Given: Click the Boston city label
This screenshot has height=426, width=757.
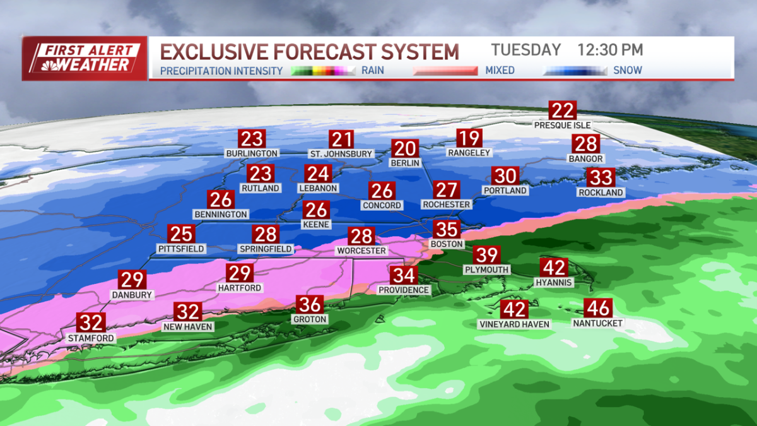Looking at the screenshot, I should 447,244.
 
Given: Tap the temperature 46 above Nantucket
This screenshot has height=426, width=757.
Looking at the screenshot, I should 597,309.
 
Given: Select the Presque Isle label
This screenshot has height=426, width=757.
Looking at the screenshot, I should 562,125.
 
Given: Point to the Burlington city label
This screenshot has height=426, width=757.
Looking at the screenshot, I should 252,153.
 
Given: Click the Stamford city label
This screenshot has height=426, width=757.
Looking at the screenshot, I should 91,338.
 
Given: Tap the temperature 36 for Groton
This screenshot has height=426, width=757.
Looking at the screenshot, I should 310,305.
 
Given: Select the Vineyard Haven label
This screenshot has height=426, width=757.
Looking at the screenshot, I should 514,324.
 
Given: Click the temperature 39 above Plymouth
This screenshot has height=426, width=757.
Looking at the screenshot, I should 487,256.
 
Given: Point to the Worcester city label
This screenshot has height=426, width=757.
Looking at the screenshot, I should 361,251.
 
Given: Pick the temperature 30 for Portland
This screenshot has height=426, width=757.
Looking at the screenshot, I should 505,176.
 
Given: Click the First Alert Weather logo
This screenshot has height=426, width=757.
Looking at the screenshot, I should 85,58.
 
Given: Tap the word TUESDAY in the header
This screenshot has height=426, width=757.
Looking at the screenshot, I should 526,50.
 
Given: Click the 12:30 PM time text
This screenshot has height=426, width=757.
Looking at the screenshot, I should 610,50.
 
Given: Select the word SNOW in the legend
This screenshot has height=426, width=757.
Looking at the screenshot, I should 628,71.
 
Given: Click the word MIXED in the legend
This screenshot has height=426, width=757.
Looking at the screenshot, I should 500,71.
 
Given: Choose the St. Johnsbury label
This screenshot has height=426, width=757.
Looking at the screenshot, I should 341,154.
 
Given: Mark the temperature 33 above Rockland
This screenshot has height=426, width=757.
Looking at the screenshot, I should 601,178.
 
